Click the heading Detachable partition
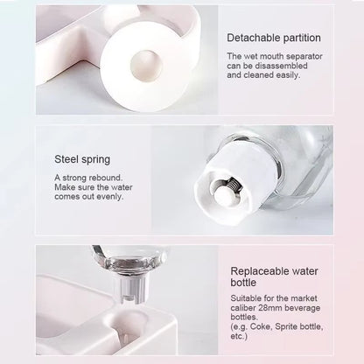(x=274, y=38)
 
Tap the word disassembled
(x=282, y=66)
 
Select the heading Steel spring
(x=82, y=159)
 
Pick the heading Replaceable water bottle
(x=274, y=276)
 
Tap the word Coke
(x=261, y=326)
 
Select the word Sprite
(x=286, y=326)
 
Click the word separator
(x=304, y=56)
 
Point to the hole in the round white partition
(x=146, y=64)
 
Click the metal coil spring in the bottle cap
(x=233, y=185)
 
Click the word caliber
(x=242, y=308)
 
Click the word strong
(x=74, y=178)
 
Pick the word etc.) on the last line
(x=239, y=336)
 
